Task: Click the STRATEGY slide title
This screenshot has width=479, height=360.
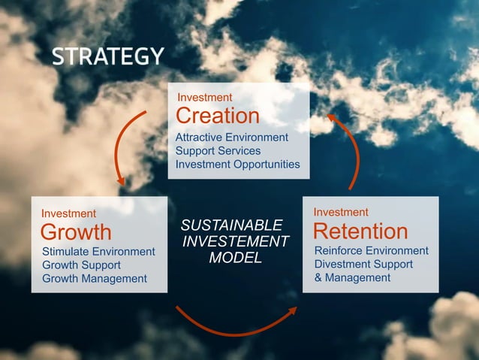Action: [108, 56]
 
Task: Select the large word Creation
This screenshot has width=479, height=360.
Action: [217, 116]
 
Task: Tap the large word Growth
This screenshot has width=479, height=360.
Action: [75, 231]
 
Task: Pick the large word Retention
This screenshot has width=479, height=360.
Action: [360, 231]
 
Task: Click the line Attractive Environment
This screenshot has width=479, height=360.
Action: [231, 138]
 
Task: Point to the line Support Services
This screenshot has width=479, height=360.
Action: [218, 151]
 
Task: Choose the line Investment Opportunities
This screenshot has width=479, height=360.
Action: [237, 165]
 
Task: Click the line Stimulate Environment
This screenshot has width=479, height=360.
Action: [98, 252]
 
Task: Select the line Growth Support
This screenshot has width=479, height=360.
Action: [81, 265]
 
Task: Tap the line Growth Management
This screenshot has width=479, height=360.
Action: [95, 279]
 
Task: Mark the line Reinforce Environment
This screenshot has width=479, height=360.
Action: [371, 250]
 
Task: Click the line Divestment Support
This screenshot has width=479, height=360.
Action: [363, 264]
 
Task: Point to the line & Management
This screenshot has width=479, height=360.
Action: [352, 277]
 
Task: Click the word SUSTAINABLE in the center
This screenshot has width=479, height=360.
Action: [232, 225]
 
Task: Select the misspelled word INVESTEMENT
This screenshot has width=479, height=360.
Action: [236, 241]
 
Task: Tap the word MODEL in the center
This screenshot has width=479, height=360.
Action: [235, 258]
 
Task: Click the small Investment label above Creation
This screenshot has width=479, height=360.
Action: [204, 98]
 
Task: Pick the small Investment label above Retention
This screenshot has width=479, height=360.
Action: [341, 213]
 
